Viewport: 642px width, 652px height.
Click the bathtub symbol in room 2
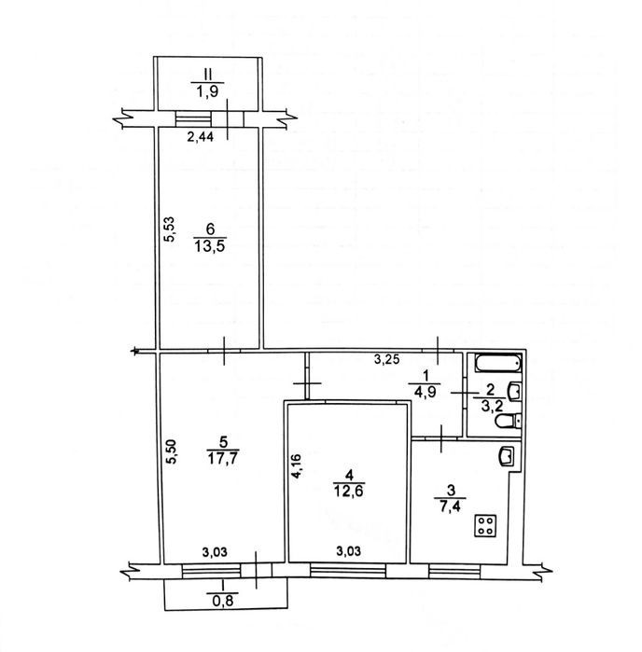point(498,364)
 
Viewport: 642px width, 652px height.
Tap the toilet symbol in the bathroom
point(508,421)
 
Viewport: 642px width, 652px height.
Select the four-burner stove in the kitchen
point(485,526)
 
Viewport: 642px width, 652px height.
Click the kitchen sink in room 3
point(508,456)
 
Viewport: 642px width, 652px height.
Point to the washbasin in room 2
point(515,391)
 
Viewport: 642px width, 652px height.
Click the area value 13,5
point(209,245)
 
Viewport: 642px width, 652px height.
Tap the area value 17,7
point(222,458)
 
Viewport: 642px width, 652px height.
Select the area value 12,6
point(349,491)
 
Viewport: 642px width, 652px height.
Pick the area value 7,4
point(450,506)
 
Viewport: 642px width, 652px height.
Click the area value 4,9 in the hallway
point(425,392)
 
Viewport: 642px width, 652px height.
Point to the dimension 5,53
point(170,229)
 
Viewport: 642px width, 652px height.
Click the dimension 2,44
point(200,136)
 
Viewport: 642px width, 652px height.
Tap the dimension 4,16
point(297,466)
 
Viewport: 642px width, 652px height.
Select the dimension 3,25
point(387,359)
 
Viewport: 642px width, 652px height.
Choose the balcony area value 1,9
point(207,90)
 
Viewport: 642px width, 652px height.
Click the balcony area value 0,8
point(223,600)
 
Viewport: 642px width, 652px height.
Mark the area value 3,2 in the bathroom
point(490,406)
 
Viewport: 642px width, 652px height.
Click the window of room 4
point(348,570)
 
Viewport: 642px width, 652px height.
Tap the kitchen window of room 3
point(454,571)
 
